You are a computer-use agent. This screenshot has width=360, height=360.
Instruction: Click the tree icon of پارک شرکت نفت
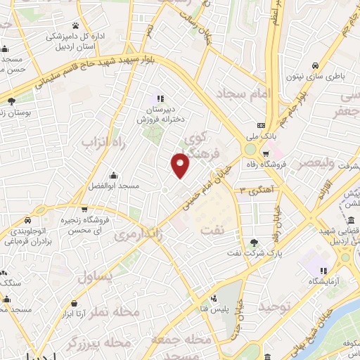tap(253, 243)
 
